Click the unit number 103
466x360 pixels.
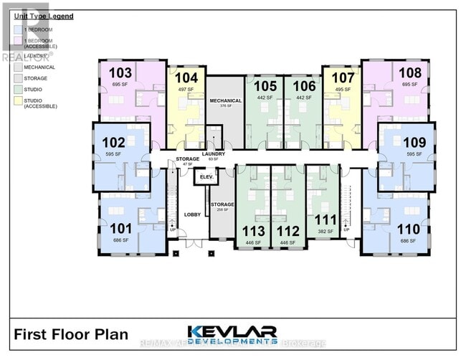pos(120,72)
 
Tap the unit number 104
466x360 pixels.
pos(186,77)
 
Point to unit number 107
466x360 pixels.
pos(343,77)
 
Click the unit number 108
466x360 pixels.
pos(410,72)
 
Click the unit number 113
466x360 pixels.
pos(255,231)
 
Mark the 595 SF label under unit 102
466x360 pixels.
pos(114,153)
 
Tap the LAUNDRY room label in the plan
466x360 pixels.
pos(214,153)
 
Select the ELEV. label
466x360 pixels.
pos(207,176)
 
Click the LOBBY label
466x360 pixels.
pos(192,214)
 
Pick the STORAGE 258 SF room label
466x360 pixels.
pos(222,206)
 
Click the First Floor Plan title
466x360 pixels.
pos(71,333)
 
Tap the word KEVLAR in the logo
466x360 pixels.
pos(232,331)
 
